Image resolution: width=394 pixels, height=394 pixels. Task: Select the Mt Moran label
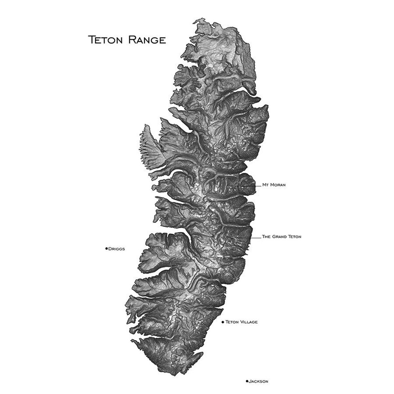click(x=274, y=185)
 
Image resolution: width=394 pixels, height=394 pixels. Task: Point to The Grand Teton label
click(x=282, y=237)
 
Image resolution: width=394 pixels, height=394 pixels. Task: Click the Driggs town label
click(x=116, y=248)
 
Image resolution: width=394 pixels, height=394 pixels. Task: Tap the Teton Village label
click(x=241, y=322)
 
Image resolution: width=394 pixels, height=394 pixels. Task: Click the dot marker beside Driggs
click(x=106, y=248)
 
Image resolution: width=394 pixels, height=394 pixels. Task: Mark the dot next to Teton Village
click(x=223, y=322)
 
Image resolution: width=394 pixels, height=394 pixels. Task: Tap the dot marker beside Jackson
click(x=247, y=372)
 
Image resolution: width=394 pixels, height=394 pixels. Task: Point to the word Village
click(x=248, y=322)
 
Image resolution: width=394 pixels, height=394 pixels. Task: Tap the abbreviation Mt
click(x=265, y=185)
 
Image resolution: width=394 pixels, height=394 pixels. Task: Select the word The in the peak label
click(x=266, y=237)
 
